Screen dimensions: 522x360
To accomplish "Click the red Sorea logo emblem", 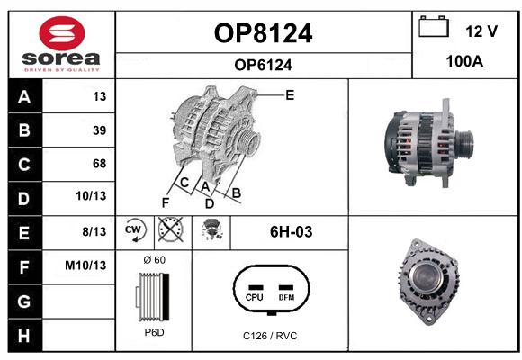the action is pos(62,33).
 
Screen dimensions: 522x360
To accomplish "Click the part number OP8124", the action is pos(263,33).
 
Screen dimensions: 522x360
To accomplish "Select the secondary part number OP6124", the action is pos(263,65).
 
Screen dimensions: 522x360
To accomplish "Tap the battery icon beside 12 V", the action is pos(434,26).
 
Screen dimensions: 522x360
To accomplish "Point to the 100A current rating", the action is pos(464,61).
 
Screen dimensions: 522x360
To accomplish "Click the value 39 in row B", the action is pos(100,130).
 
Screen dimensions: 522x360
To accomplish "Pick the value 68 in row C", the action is pos(100,164).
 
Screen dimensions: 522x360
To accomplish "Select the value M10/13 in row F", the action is pos(85,265).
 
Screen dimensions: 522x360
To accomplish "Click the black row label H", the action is pos(24,336).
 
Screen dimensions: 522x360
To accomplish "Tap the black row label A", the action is pos(24,97).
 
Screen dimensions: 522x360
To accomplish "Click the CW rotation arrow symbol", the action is pos(135,230).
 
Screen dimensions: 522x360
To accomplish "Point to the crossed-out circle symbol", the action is pos(170,229).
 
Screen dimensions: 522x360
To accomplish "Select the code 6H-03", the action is pos(292,232).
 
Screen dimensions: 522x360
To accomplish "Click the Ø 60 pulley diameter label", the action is pos(155,260).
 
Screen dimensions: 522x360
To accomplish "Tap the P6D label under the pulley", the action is pos(155,332).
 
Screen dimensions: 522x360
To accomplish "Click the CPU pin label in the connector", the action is pos(255,297).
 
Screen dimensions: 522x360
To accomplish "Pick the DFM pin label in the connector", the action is pos(286,297).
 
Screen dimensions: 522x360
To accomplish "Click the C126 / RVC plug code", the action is pos(270,336).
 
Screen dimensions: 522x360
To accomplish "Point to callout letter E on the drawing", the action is pos(290,95).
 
